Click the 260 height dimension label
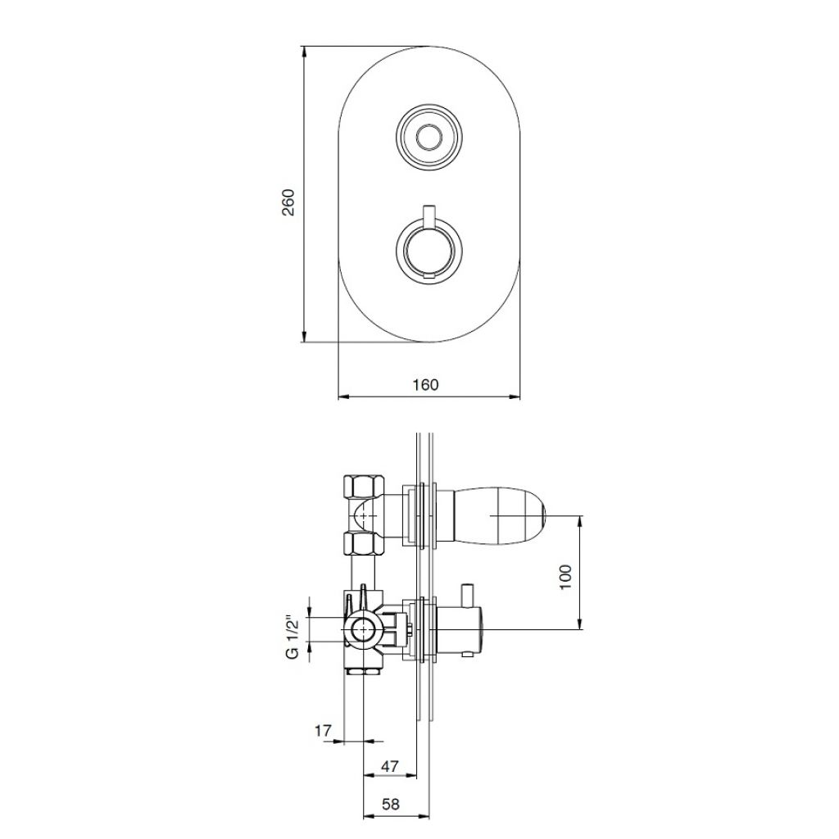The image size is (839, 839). click(x=288, y=202)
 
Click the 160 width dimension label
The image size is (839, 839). click(x=425, y=385)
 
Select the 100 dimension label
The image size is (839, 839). click(x=565, y=577)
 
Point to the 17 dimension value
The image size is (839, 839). click(x=323, y=730)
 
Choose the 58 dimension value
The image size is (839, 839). click(x=391, y=805)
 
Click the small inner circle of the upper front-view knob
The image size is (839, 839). click(x=428, y=138)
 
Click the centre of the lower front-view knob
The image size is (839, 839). click(x=428, y=249)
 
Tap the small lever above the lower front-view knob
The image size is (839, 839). click(x=428, y=215)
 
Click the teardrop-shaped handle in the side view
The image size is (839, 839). click(x=499, y=515)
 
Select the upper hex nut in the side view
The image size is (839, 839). click(x=363, y=487)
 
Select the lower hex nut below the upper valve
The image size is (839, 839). click(x=363, y=544)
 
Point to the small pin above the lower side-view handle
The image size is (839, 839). click(x=468, y=596)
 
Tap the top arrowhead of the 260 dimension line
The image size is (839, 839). click(x=304, y=52)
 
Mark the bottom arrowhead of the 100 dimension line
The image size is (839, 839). click(x=580, y=624)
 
